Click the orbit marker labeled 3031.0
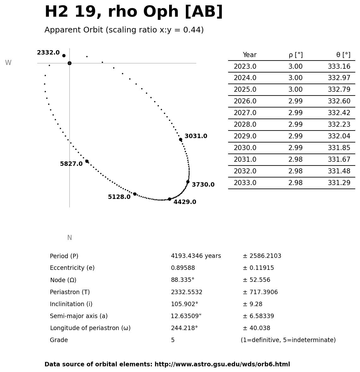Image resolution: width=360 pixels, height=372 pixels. point(180,139)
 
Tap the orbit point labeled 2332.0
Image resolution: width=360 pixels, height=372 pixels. point(64,55)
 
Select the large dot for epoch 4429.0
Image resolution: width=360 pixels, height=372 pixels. point(169,199)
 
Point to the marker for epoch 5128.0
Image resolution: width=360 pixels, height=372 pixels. point(135,194)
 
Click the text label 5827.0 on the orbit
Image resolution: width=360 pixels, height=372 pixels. point(71,164)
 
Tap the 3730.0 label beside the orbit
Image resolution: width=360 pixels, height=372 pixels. point(203,185)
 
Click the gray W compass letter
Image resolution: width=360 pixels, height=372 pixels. point(8,63)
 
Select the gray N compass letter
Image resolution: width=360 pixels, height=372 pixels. point(69,238)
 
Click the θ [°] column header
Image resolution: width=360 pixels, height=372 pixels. point(343,55)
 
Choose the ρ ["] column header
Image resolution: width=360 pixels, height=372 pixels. point(295,55)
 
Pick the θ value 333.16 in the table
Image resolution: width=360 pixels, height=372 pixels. point(339,67)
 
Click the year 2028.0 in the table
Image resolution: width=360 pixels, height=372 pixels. point(245,125)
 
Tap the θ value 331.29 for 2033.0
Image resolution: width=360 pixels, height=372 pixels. point(339,183)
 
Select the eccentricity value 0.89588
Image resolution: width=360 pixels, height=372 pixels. point(183,268)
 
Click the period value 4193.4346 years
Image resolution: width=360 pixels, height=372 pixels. point(196,256)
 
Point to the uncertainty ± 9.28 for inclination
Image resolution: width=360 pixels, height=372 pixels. point(252,304)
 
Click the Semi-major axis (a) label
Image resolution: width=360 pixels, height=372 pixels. point(79,316)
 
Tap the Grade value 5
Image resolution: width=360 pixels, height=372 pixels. point(173,340)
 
